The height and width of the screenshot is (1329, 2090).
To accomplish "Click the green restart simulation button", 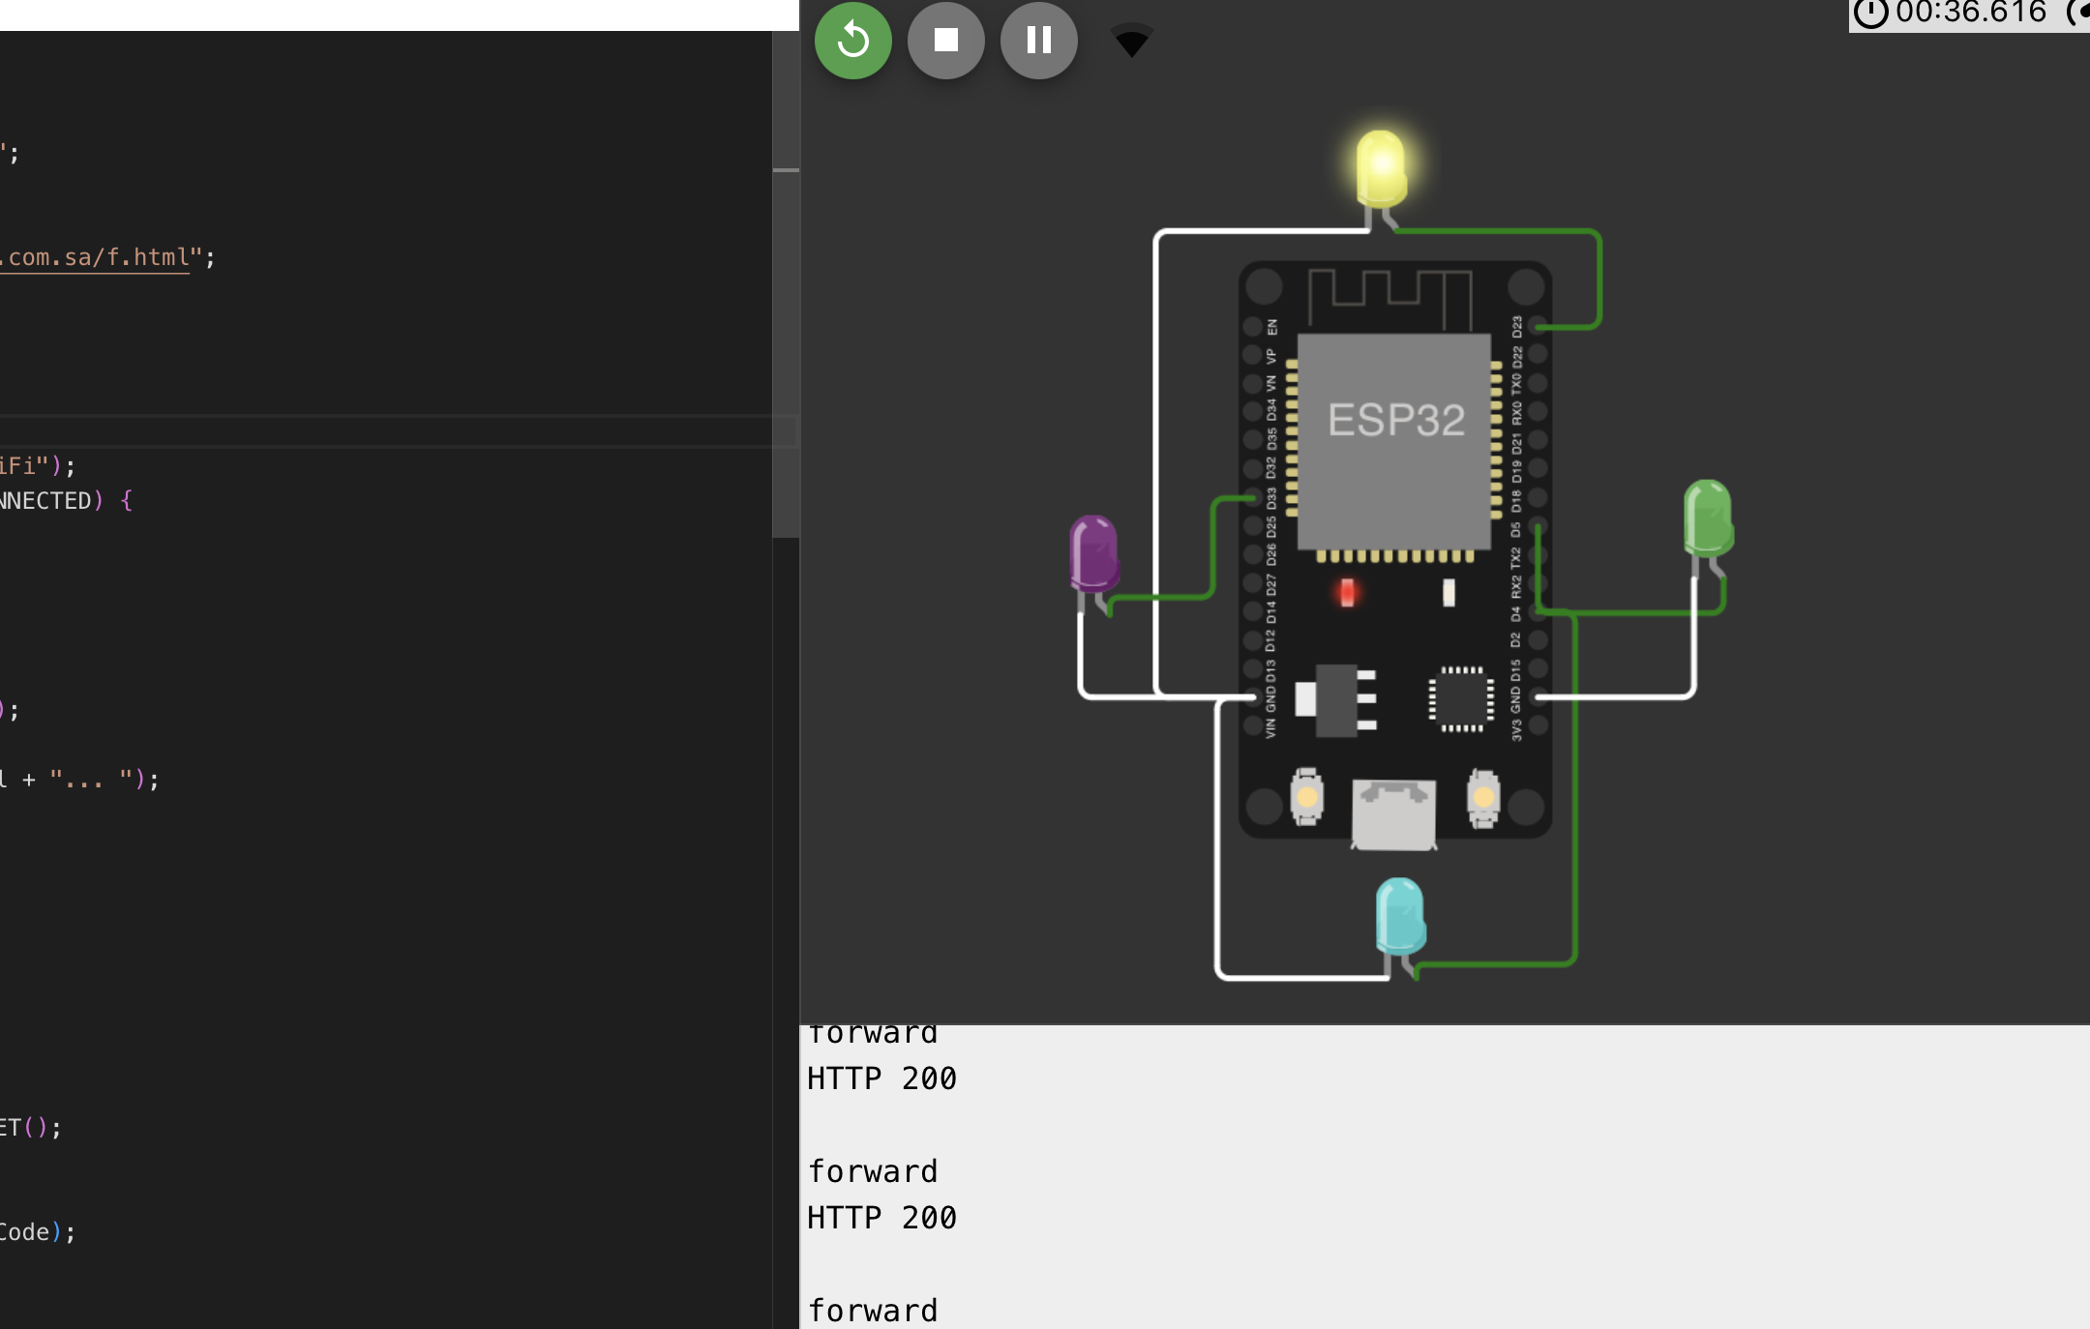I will pos(852,41).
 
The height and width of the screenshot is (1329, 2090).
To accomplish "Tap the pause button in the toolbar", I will pos(1038,41).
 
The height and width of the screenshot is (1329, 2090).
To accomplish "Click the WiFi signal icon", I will pos(1131,41).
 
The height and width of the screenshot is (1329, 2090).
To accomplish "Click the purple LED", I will pos(1093,552).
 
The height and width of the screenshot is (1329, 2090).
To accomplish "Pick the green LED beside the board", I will pos(1708,517).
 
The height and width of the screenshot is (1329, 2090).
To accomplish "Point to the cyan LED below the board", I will pos(1399,915).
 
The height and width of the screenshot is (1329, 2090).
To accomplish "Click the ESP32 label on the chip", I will pos(1395,421).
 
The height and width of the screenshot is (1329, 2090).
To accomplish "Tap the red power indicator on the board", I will pos(1347,592).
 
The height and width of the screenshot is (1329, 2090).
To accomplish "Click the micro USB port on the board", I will pos(1393,813).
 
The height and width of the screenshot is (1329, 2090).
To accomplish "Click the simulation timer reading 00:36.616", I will pos(1969,13).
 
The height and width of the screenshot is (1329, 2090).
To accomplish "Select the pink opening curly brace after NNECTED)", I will pos(127,501).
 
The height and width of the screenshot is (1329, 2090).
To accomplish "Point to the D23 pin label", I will pos(1516,327).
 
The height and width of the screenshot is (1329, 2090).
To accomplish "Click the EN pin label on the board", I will pos(1271,327).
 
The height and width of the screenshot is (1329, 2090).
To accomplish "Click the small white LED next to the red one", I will pos(1448,592).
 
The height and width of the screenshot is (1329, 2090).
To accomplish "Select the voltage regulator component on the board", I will pos(1336,699).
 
